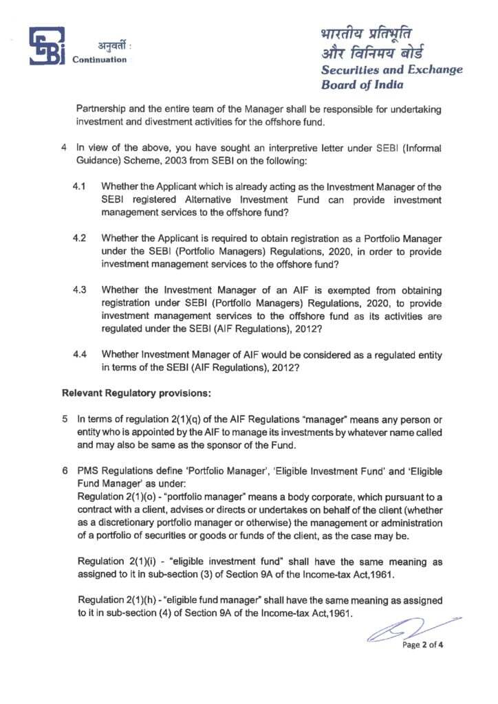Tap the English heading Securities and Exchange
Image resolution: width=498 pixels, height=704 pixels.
[391, 70]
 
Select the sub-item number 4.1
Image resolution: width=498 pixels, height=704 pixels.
[80, 187]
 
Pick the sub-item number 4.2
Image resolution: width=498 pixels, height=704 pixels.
[80, 239]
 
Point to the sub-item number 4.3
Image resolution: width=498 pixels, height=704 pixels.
[80, 290]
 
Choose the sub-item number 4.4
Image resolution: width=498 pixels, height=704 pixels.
[80, 355]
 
